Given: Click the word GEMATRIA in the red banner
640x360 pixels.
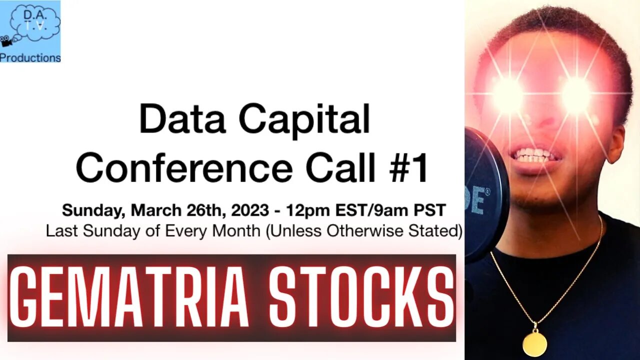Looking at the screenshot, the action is point(129,298).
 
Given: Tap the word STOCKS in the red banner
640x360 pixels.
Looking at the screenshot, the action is point(361,298).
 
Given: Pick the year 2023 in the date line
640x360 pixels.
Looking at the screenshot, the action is point(250,210).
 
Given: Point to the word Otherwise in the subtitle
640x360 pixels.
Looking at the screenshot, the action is point(366,231).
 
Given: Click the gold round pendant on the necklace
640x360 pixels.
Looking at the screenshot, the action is point(534,343).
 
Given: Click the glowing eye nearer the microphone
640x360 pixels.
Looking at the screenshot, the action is point(508,89).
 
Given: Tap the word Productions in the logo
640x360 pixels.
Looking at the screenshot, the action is point(30,57).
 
